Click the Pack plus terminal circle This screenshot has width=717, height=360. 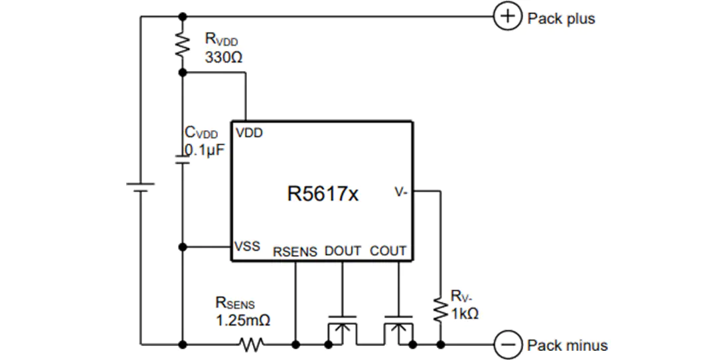click(507, 17)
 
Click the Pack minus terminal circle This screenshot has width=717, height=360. click(507, 344)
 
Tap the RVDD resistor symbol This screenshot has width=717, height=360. click(183, 45)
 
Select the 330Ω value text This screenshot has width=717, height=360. click(224, 58)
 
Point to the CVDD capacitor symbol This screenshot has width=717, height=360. click(183, 159)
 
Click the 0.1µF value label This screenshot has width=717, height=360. click(205, 150)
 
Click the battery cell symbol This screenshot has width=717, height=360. click(140, 187)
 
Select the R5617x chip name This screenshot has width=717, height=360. click(323, 193)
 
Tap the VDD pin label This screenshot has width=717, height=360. click(249, 133)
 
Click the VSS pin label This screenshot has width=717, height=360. click(248, 246)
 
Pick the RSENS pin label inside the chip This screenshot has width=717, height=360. click(295, 252)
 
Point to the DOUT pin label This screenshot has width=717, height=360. click(343, 251)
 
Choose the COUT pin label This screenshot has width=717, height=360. click(388, 251)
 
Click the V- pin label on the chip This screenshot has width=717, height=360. click(401, 193)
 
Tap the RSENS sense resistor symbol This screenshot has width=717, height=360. click(252, 344)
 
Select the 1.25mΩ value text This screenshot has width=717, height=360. click(243, 319)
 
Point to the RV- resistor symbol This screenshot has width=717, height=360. click(440, 310)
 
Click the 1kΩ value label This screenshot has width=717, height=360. click(465, 314)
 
